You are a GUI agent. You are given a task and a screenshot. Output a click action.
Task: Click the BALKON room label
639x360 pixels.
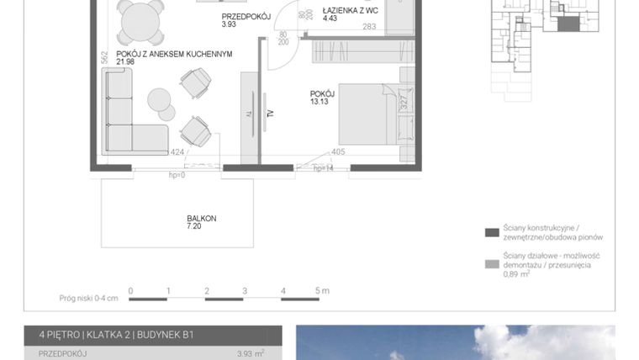[x=201, y=218]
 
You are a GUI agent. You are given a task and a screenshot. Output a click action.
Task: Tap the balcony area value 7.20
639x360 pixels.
[x=195, y=226]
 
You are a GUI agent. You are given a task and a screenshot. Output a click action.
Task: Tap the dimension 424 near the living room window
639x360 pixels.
[x=177, y=152]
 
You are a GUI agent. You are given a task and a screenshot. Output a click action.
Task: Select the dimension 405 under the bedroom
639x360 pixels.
[x=338, y=152]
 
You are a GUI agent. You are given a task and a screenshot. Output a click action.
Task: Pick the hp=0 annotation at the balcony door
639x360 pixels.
[x=177, y=174]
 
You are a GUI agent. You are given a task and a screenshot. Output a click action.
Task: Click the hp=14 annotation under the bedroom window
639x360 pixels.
[x=324, y=168]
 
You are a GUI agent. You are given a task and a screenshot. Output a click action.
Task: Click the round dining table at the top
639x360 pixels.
[x=141, y=19]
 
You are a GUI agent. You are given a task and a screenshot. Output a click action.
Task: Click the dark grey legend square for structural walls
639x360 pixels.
[x=492, y=232]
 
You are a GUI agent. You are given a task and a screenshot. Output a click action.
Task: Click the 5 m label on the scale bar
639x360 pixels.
[x=321, y=290]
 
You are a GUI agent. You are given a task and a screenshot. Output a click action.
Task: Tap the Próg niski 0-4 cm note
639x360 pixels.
[x=89, y=297]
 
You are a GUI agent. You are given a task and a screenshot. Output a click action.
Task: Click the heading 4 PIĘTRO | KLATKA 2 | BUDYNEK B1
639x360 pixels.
[x=116, y=335]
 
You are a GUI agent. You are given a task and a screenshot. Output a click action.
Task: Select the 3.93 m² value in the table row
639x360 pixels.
[x=251, y=354]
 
